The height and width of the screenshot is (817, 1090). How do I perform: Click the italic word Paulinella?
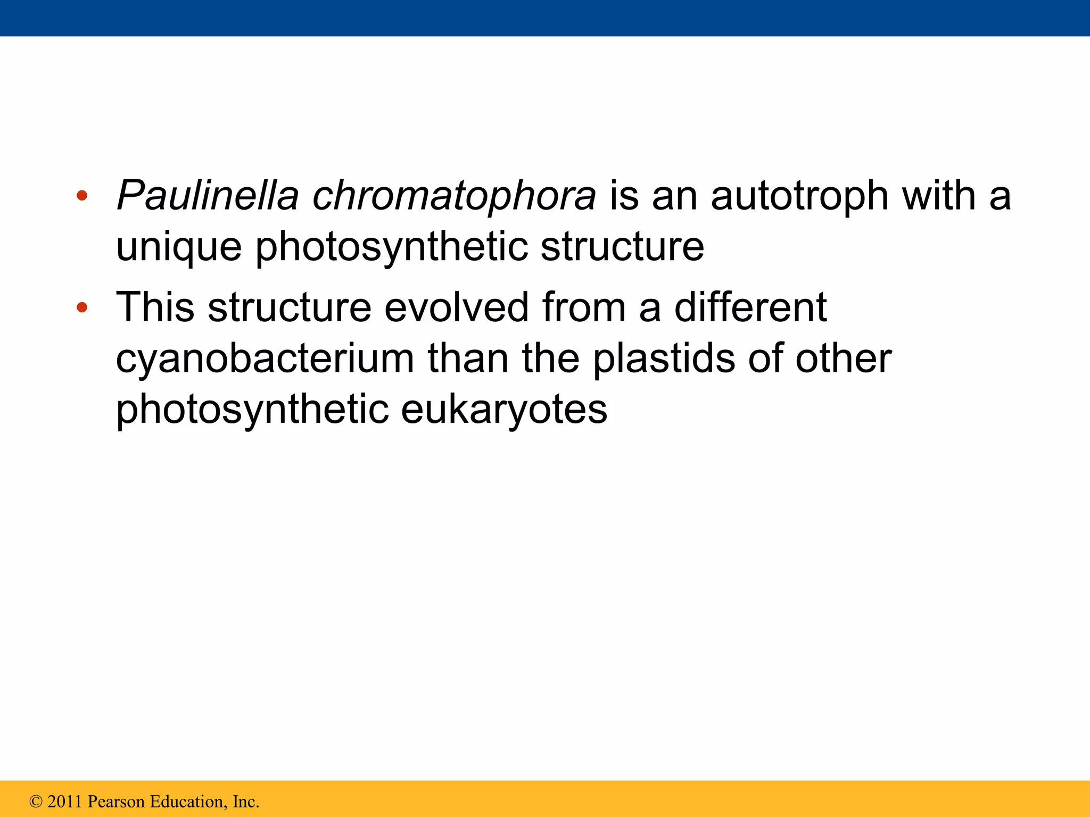(208, 196)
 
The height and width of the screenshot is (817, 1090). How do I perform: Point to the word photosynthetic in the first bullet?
(391, 248)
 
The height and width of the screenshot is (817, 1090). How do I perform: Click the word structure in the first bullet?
(622, 247)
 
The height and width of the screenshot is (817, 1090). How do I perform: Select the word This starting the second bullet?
(155, 307)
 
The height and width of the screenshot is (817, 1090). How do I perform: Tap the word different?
(750, 307)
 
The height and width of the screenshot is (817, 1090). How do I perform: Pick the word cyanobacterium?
(265, 360)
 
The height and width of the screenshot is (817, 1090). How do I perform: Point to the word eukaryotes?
(503, 411)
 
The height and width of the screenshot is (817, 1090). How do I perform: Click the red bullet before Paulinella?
(81, 196)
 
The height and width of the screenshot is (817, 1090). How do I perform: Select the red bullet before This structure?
(81, 307)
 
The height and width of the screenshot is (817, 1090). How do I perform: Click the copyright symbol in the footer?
(36, 802)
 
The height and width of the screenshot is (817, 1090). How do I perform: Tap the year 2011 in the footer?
(65, 802)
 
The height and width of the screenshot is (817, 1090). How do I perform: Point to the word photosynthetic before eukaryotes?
(252, 411)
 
